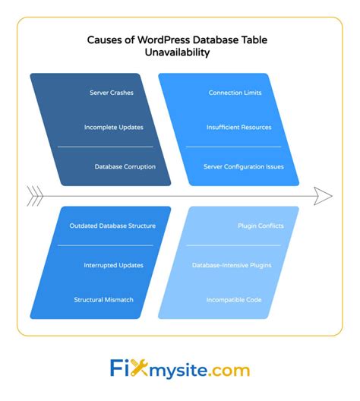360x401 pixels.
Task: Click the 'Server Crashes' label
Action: point(112,93)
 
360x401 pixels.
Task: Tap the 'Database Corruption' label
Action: point(125,166)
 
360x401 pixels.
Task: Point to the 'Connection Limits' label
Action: point(235,93)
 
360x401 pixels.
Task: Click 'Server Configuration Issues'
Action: point(243,166)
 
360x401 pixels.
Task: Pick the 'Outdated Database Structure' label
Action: point(112,226)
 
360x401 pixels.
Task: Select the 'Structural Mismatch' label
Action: point(103,299)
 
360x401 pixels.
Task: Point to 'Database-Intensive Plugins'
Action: point(231,264)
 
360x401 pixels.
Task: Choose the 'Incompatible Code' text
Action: point(234,299)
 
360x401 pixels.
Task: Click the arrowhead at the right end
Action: point(324,196)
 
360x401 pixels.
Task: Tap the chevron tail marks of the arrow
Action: point(34,195)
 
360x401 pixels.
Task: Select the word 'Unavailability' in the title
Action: point(180,54)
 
